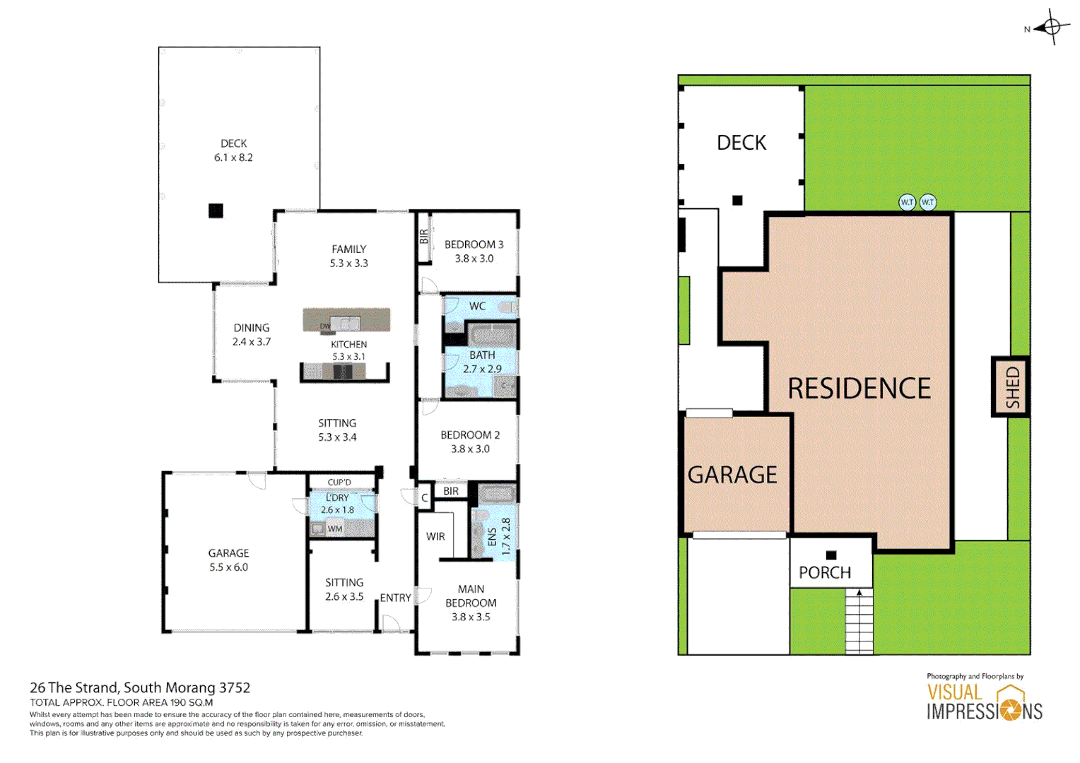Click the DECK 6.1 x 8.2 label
click(x=233, y=150)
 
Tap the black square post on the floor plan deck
click(x=216, y=211)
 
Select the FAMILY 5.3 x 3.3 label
click(x=348, y=256)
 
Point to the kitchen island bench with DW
click(x=346, y=320)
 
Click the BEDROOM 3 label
click(x=474, y=252)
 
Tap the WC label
click(x=477, y=306)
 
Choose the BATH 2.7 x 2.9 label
click(x=482, y=362)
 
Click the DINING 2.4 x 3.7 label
click(x=252, y=335)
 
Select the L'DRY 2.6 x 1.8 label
click(x=337, y=504)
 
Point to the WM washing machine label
click(x=334, y=528)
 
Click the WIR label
click(x=435, y=536)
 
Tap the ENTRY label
click(x=395, y=598)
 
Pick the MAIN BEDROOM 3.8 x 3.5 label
click(x=471, y=603)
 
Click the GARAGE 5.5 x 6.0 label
click(x=228, y=560)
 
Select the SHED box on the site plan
click(x=1011, y=386)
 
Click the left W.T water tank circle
click(x=907, y=202)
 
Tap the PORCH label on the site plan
click(x=824, y=572)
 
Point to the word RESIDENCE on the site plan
click(x=859, y=389)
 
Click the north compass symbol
click(x=1051, y=28)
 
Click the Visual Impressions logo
click(x=985, y=702)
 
